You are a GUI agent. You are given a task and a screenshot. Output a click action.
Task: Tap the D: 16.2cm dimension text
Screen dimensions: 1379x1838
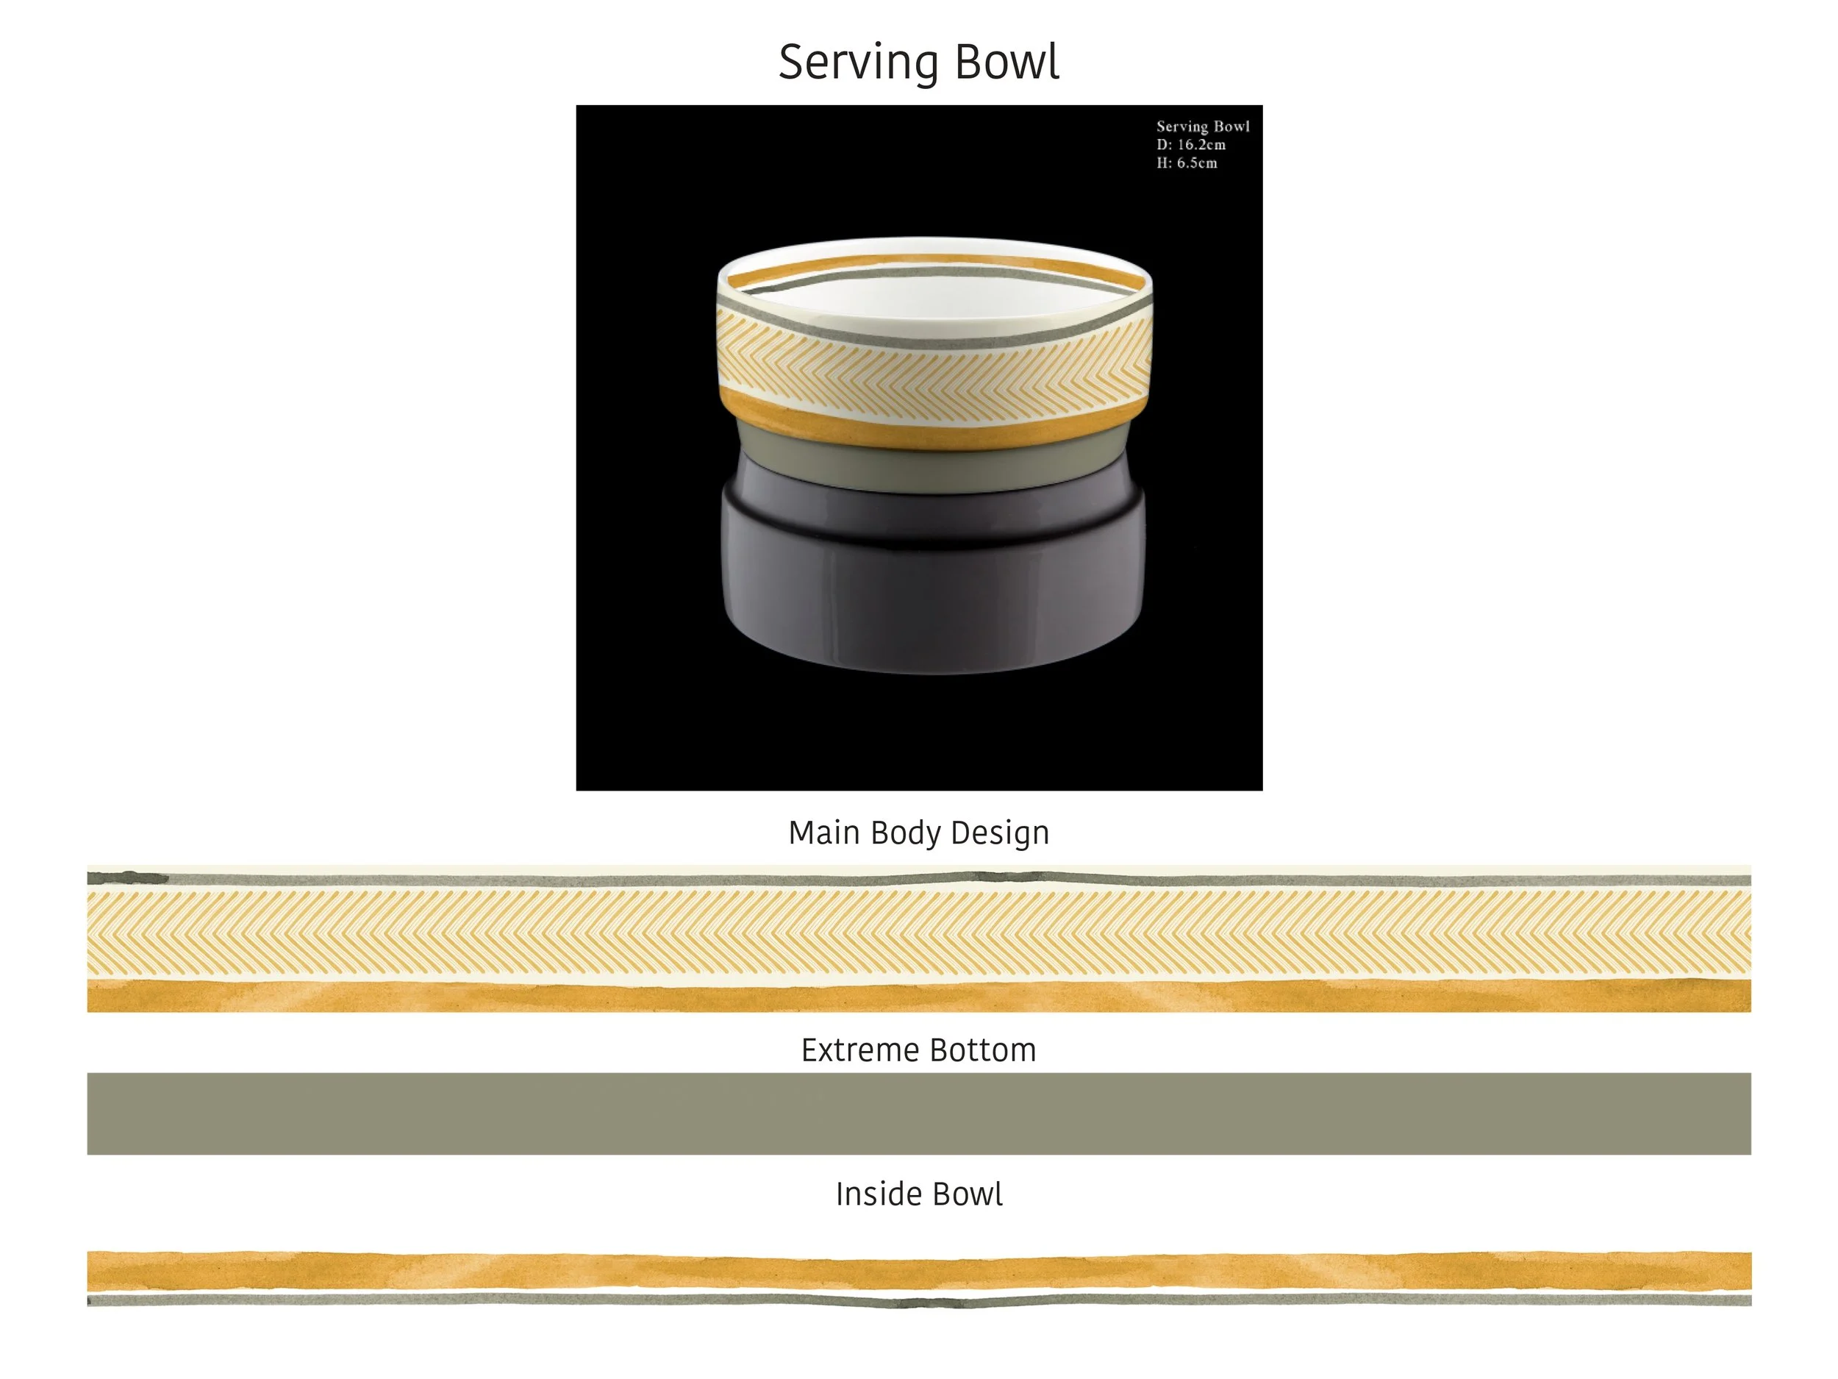[1191, 145]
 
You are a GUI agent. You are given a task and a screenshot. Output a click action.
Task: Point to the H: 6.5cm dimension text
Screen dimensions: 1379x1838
[1187, 163]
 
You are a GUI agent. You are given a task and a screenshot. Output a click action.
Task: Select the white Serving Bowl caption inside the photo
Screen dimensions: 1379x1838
[1202, 127]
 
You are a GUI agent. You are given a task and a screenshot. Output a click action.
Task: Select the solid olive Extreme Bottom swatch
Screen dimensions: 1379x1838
[919, 1113]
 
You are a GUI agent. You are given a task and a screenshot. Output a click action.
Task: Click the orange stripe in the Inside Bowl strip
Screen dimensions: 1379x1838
[919, 1271]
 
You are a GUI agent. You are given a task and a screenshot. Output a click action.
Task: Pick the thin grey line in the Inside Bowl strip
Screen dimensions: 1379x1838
[919, 1300]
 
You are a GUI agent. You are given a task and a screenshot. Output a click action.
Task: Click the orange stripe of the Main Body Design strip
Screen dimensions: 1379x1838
[919, 997]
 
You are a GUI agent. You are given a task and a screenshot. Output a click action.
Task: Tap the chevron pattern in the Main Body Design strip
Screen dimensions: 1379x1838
[919, 932]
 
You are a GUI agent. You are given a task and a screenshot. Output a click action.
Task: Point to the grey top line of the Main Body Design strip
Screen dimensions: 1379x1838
[919, 880]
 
